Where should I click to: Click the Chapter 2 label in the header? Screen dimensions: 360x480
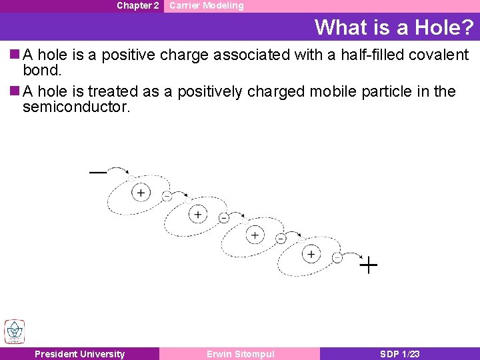click(137, 5)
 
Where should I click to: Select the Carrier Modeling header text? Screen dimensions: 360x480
click(206, 5)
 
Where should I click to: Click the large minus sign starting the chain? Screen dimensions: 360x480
click(98, 172)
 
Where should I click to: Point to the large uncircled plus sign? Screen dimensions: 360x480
click(369, 265)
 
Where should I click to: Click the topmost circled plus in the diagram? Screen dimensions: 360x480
click(141, 193)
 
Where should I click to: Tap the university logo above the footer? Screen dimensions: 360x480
click(14, 331)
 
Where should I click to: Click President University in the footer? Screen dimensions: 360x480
click(79, 354)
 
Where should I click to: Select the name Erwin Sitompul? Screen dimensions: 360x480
click(240, 354)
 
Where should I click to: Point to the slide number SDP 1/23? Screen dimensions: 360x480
click(399, 354)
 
